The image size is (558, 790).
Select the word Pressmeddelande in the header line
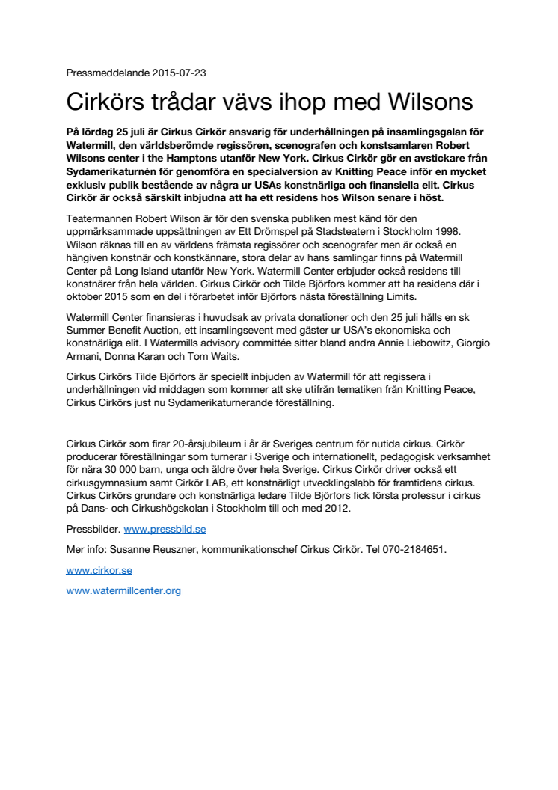108,73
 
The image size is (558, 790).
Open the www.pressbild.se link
165,529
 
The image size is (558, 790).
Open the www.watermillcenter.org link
123,590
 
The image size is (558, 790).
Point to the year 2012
336,508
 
